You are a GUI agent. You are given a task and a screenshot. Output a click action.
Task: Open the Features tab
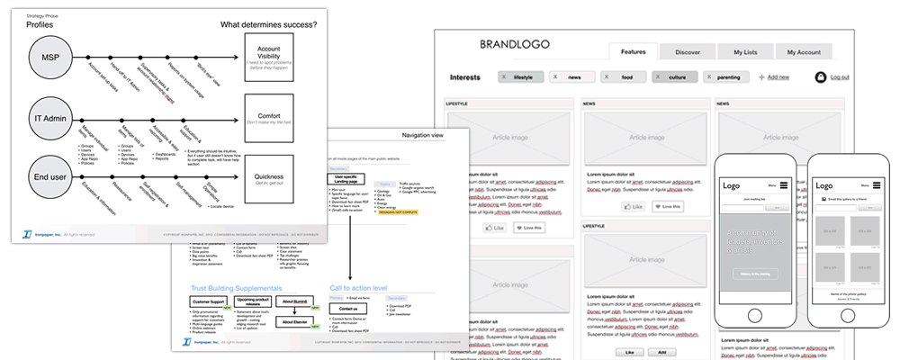634,52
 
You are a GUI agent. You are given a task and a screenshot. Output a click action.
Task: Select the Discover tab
688,52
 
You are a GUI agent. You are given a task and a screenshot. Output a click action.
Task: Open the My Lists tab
746,52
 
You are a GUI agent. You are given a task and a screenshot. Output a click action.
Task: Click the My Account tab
803,52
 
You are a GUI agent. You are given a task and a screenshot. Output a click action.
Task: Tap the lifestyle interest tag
521,77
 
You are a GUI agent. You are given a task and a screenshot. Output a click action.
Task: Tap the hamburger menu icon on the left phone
784,185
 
